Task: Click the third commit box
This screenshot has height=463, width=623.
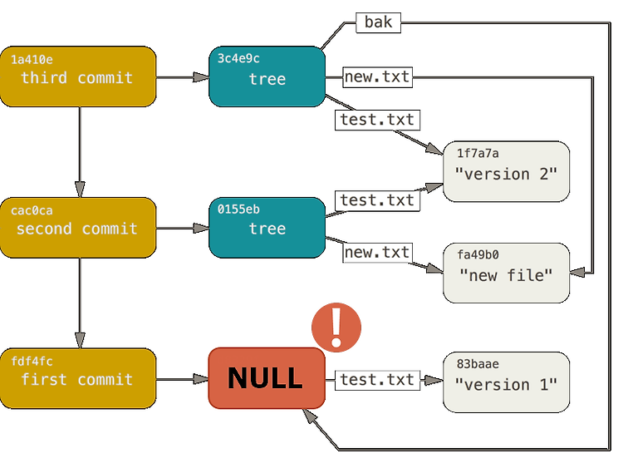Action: pos(78,76)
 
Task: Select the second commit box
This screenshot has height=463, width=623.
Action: pos(78,228)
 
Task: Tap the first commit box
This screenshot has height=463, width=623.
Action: pos(78,378)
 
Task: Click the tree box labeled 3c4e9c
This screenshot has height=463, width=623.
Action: pos(267,76)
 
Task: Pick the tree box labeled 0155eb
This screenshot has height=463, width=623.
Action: pos(267,228)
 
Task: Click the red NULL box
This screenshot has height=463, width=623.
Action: pos(267,378)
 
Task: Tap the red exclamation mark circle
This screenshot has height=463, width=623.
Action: pos(336,327)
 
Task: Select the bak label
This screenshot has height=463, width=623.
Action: pos(378,22)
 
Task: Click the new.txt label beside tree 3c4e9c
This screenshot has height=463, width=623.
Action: pos(377,77)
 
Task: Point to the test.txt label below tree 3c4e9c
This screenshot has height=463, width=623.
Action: pos(377,120)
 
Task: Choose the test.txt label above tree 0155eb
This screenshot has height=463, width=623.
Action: pos(377,200)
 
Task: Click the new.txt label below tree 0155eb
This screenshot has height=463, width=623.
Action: pos(377,253)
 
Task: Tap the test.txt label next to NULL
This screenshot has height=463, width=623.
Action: pos(377,380)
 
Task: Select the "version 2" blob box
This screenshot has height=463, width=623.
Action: pos(506,171)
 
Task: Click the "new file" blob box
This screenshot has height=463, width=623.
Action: pos(506,273)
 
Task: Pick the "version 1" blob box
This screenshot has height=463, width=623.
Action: pos(506,382)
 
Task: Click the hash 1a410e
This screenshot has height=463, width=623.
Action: pos(32,60)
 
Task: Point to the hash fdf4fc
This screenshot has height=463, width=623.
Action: pos(32,362)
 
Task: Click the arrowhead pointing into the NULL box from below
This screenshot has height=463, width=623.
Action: pos(310,416)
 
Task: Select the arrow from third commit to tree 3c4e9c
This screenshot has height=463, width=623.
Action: pos(183,77)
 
